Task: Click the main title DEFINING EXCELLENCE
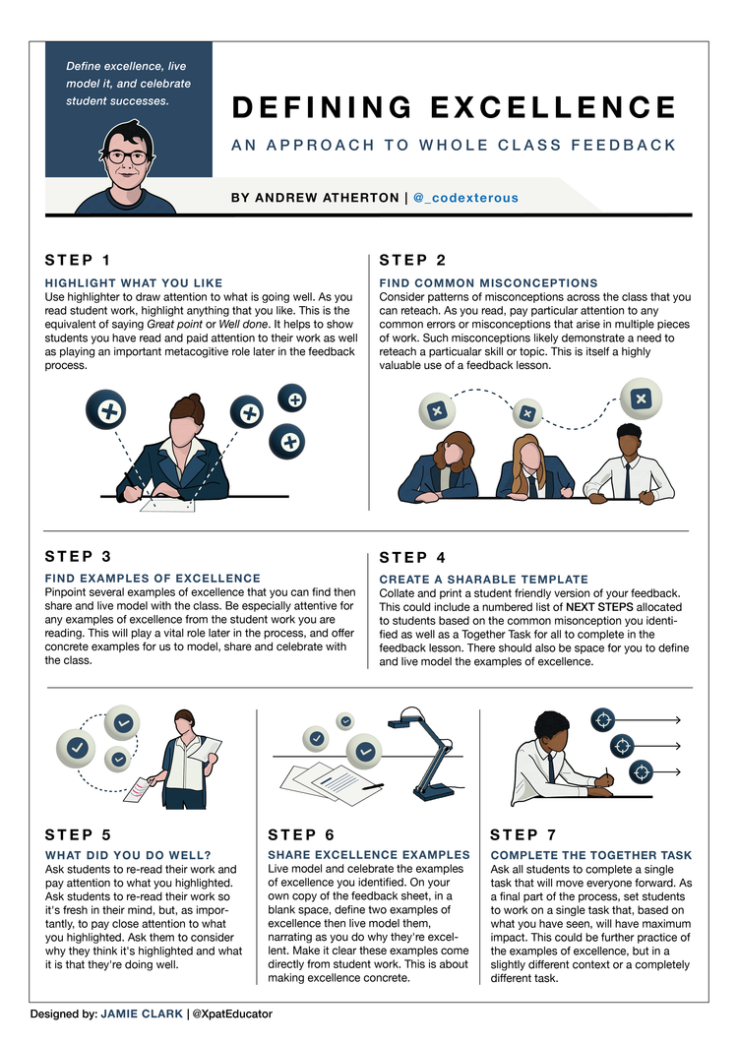[x=454, y=107]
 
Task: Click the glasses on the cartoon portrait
[x=128, y=156]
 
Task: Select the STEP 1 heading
[x=78, y=260]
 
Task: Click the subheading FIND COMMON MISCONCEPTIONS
[x=488, y=283]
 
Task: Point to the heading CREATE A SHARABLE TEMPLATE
[x=483, y=580]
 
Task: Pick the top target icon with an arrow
[x=601, y=719]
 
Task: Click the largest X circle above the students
[x=642, y=399]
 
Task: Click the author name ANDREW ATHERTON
[x=315, y=198]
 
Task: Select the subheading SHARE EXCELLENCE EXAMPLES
[x=369, y=856]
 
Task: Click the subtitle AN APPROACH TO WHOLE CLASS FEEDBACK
[x=454, y=146]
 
